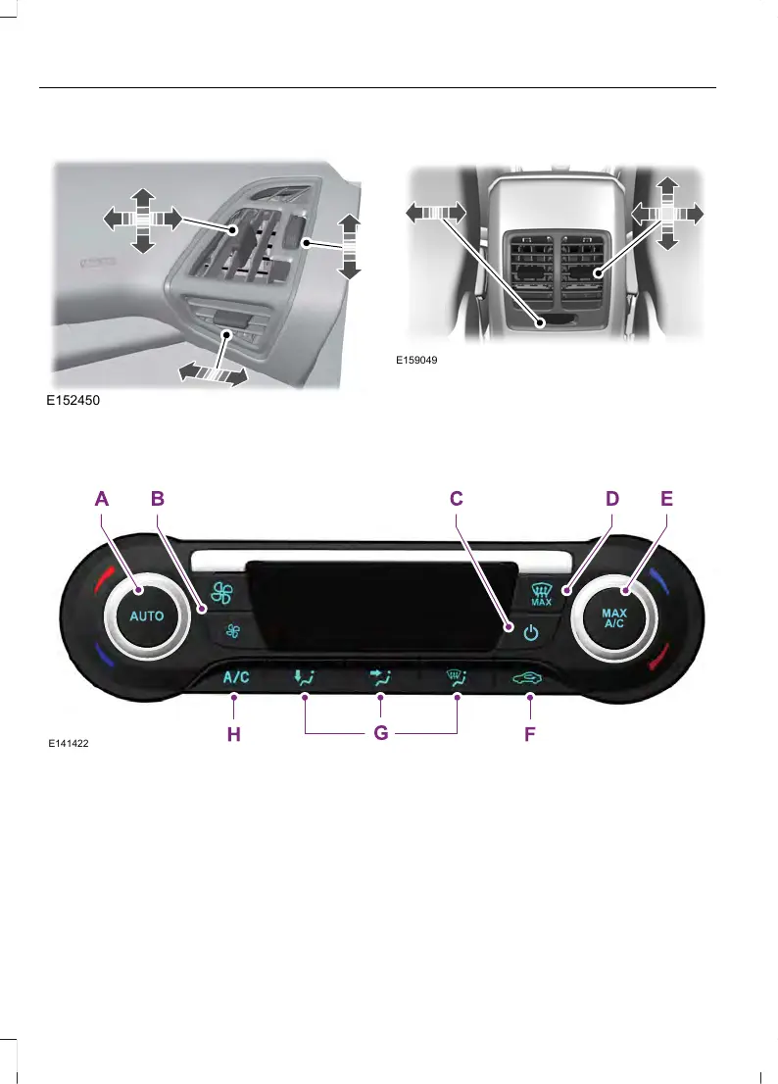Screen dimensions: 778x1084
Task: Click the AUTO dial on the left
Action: tap(147, 616)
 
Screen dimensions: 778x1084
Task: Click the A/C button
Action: tap(235, 677)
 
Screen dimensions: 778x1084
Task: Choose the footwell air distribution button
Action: tap(306, 677)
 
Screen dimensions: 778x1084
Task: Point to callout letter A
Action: tap(102, 499)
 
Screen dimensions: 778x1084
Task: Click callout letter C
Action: tap(457, 499)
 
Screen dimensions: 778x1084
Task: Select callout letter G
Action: tap(380, 733)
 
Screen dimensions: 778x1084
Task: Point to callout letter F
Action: tap(529, 733)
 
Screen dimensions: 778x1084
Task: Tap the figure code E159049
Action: tap(416, 360)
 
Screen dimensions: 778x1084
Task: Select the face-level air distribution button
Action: tap(380, 677)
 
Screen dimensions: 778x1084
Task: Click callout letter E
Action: tap(666, 499)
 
